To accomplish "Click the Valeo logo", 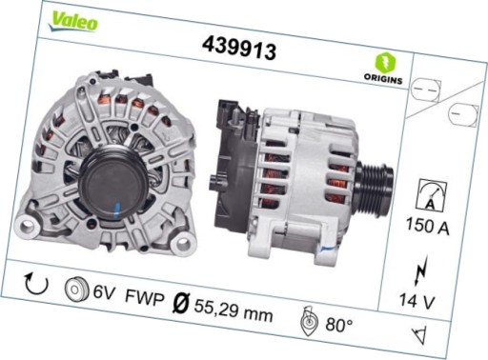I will (73, 20).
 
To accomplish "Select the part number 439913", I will (239, 47).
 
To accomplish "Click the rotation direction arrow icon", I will (35, 283).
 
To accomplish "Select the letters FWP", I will (146, 298).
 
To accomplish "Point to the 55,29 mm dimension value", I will (233, 310).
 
